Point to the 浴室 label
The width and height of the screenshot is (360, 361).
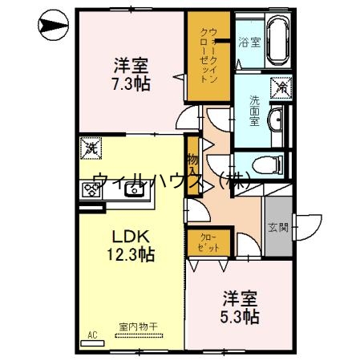[249, 42]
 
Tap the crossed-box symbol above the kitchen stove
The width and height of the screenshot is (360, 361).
[90, 148]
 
